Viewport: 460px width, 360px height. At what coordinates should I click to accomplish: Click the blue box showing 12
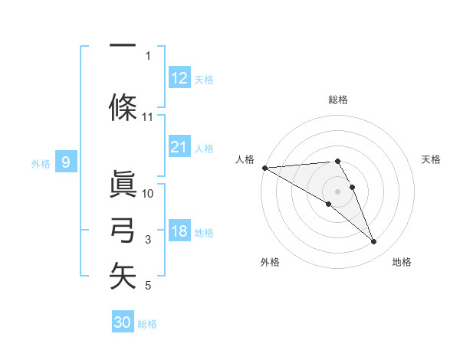179,77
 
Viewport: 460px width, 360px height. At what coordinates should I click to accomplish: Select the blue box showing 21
179,147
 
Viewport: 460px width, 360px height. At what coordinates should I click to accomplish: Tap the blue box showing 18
179,231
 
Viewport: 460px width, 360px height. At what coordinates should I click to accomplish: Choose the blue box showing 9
66,162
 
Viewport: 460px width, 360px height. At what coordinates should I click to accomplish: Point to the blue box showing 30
123,322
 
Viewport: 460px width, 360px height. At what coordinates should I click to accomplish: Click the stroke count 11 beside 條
148,117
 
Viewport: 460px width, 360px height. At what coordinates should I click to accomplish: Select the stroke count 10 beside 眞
148,193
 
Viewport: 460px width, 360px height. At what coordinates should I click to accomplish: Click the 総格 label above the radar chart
338,100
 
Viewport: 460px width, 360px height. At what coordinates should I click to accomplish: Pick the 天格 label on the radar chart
431,159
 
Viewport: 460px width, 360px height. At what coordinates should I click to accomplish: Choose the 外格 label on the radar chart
270,263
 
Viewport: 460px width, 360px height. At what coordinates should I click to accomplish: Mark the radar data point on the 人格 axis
264,167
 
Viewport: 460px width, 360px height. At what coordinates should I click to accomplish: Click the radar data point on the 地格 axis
374,242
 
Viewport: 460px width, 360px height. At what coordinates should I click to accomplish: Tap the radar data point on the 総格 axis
337,161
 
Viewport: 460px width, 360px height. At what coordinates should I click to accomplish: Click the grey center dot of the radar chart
338,191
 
